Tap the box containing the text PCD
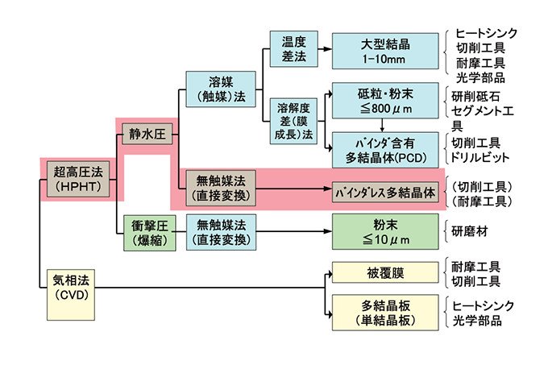click(383, 149)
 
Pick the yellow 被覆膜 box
click(384, 274)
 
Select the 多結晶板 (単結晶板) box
click(384, 312)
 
